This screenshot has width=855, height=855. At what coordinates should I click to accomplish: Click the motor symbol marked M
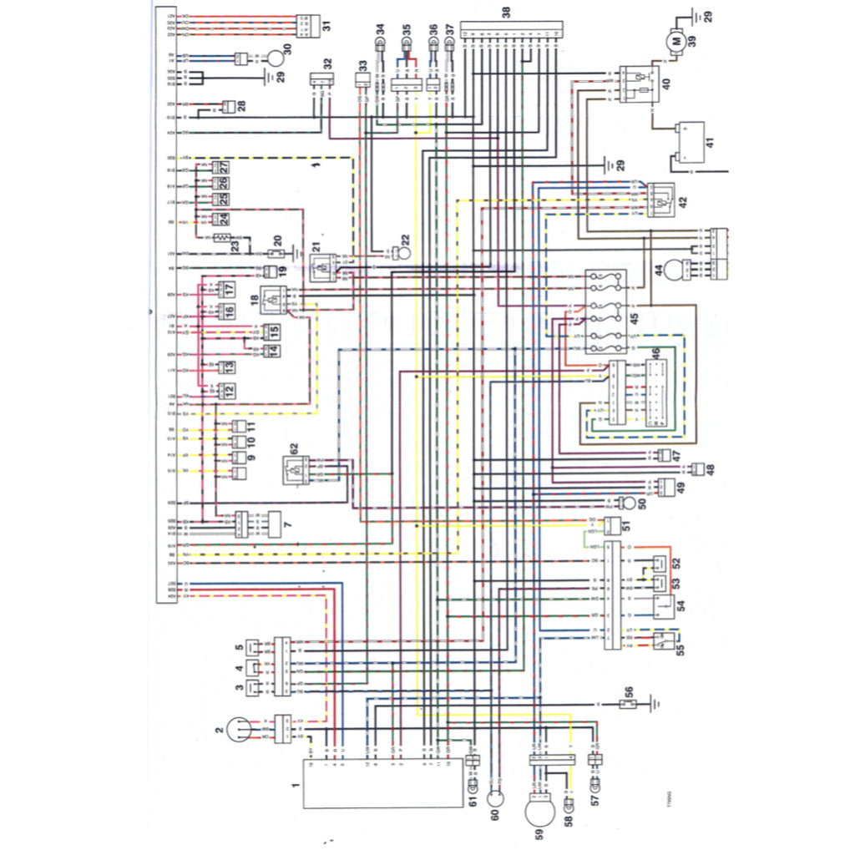677,40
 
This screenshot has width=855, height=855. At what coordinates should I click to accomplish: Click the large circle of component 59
544,810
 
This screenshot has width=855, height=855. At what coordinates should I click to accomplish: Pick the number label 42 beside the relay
682,201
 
